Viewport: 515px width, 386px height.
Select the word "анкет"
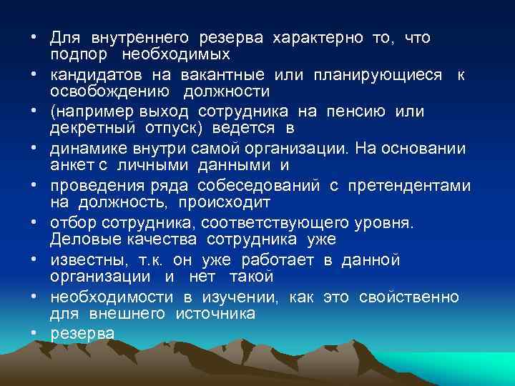68,166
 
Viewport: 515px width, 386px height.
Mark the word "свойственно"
418,297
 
